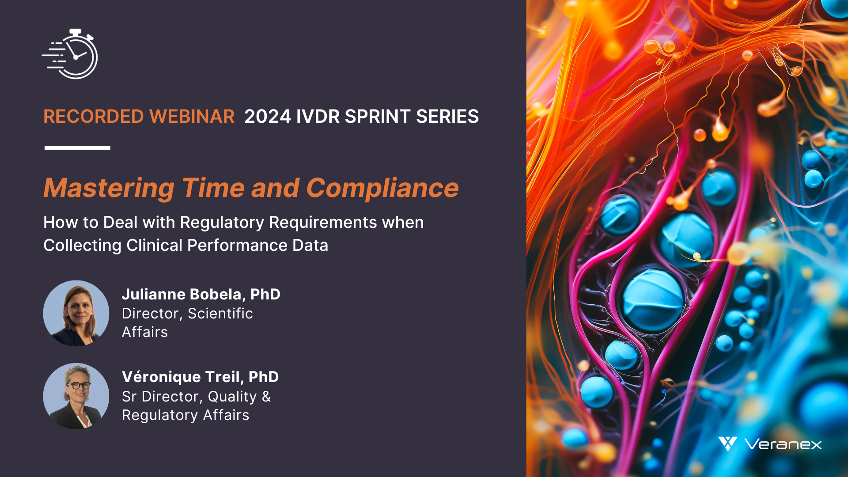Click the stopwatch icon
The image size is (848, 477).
coord(70,54)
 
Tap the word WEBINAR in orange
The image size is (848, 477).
coord(192,117)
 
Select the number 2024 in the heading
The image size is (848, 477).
coord(268,117)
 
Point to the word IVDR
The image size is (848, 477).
coord(318,117)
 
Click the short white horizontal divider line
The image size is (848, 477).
coord(77,148)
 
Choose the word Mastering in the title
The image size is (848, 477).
coord(109,188)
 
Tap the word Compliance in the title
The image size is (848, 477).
coord(382,188)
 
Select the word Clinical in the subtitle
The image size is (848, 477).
coord(154,246)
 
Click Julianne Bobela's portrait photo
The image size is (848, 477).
coord(76,313)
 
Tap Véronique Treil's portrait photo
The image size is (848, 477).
coord(76,396)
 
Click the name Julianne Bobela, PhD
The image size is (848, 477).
coord(201,294)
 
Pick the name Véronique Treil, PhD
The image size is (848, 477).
coord(200,377)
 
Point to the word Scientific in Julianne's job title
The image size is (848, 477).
coord(220,314)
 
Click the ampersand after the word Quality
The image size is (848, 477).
coord(266,397)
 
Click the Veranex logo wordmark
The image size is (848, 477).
coord(783,444)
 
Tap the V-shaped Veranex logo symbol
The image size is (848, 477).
coord(727,443)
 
